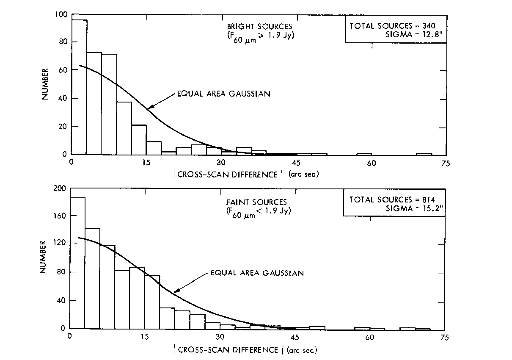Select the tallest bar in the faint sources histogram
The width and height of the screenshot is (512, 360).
(77, 263)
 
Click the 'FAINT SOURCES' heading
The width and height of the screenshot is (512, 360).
(262, 202)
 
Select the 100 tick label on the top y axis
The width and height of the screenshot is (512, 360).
(61, 15)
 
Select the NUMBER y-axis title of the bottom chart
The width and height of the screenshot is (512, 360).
(43, 257)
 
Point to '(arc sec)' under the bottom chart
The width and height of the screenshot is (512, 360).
(302, 350)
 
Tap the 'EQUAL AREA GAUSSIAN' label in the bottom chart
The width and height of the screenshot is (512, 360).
(257, 273)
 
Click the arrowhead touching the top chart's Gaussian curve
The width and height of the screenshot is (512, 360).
(149, 108)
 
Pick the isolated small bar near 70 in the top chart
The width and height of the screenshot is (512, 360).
(424, 154)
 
